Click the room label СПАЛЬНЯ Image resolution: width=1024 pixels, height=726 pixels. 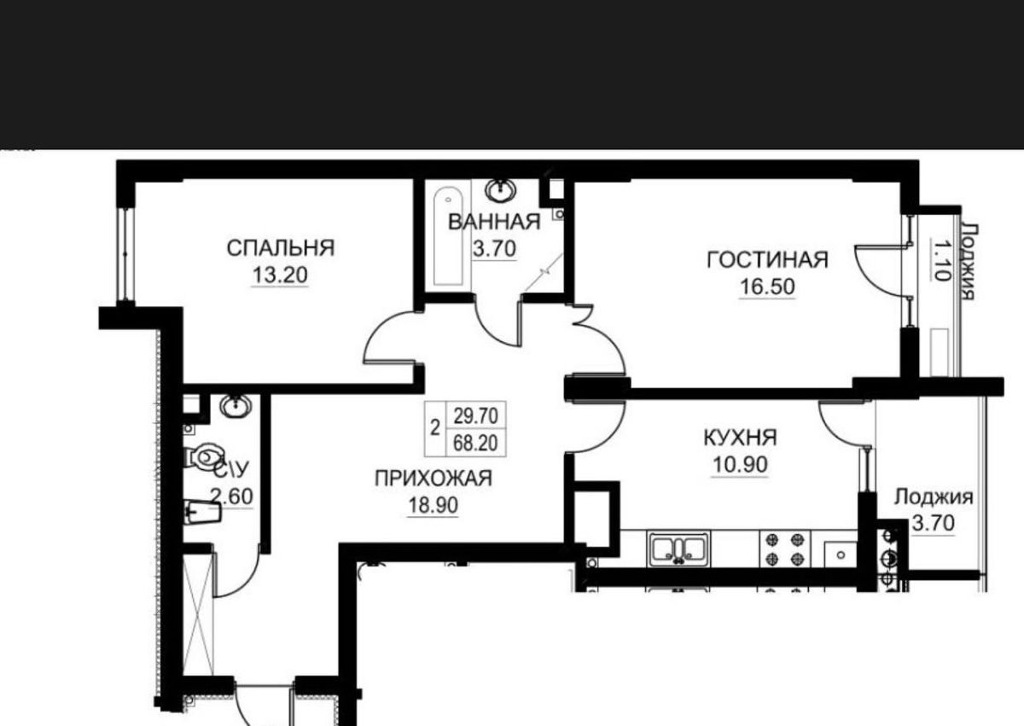281,248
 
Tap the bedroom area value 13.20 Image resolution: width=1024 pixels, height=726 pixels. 280,275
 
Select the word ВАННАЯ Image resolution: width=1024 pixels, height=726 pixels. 494,222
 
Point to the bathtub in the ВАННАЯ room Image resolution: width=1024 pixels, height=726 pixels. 449,236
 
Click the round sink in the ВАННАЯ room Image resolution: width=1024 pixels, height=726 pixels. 501,189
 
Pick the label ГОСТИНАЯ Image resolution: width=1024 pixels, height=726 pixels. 767,260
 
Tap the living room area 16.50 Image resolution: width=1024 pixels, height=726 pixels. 767,287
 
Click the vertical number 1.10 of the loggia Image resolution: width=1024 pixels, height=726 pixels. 940,261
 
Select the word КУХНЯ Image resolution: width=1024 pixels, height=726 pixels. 740,438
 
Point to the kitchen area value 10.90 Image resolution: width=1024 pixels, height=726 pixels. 740,465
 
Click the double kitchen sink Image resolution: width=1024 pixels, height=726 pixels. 679,549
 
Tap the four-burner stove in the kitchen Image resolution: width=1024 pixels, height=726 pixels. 785,549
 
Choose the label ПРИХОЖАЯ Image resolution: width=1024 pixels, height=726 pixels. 433,479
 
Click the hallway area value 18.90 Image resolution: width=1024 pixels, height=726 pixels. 433,506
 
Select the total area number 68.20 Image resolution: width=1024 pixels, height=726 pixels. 475,443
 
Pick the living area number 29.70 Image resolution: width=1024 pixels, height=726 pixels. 475,416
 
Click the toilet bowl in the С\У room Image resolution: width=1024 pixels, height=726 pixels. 204,456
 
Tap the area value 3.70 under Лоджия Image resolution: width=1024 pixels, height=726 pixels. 934,523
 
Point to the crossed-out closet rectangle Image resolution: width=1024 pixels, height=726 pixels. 198,614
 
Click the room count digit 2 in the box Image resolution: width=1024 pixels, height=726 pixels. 435,428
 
